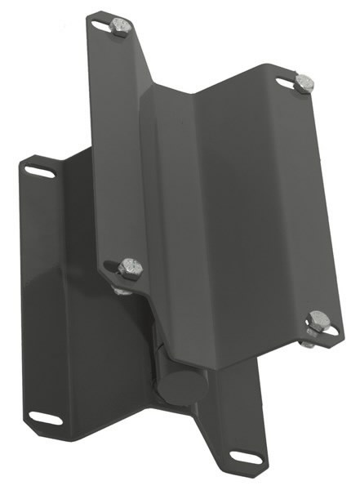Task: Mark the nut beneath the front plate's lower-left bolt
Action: pyautogui.click(x=122, y=287)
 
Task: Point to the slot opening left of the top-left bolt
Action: pyautogui.click(x=101, y=27)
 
